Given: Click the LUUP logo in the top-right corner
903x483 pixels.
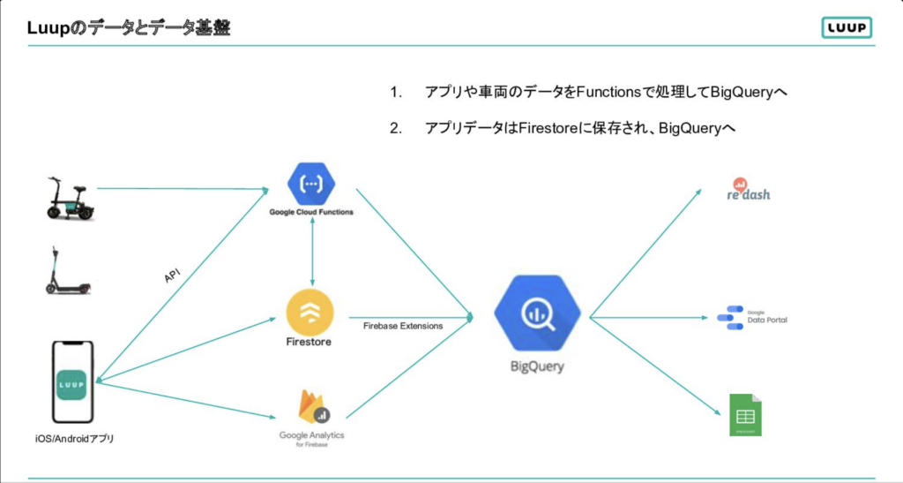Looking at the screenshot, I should click(x=846, y=28).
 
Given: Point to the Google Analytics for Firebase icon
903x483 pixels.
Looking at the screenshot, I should click(x=310, y=407).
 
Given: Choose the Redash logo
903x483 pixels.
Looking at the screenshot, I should click(x=748, y=188).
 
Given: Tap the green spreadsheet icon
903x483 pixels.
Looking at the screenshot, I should click(x=745, y=414).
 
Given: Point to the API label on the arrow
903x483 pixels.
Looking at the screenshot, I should click(x=174, y=276).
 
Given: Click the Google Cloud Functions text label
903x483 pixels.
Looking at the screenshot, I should click(x=311, y=214).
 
